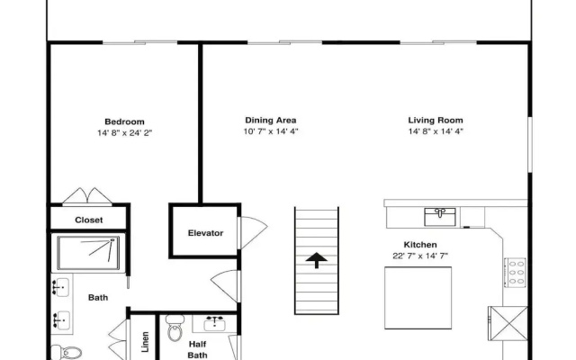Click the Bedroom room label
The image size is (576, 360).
[x=124, y=121]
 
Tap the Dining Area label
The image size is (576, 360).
[x=271, y=120]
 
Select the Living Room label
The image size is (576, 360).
[x=436, y=120]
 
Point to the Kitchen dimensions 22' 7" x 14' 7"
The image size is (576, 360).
[x=420, y=256]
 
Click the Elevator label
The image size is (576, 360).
[x=205, y=233]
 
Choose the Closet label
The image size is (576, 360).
[x=89, y=220]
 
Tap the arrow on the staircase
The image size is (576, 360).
[x=316, y=260]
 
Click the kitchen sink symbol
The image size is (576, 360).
[x=440, y=217]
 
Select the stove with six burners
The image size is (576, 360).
[x=515, y=273]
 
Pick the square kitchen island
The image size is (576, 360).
[x=418, y=298]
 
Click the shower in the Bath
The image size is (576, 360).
[x=88, y=253]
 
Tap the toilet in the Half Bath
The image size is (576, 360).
[x=175, y=328]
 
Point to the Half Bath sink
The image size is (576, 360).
[x=214, y=323]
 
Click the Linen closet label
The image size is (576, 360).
[x=146, y=342]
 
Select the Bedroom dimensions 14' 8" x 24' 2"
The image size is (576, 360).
[x=124, y=133]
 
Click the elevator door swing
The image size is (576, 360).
[x=254, y=232]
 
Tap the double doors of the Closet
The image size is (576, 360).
[x=87, y=196]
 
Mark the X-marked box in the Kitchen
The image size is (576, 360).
[x=508, y=323]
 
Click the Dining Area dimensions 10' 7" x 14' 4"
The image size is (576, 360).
[x=271, y=131]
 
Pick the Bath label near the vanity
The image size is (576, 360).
[x=98, y=298]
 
